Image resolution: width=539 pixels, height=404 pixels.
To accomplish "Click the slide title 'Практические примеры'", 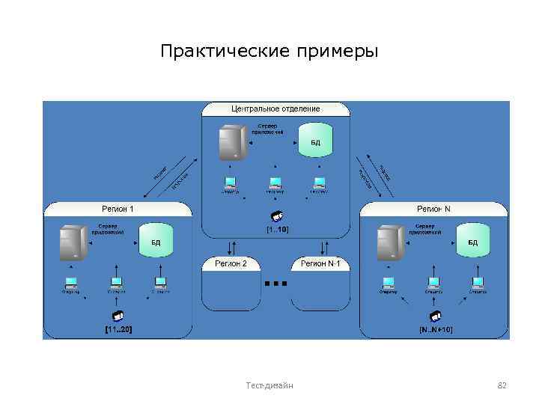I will coord(269,51).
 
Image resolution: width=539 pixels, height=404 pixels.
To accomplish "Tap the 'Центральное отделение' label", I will coord(275,109).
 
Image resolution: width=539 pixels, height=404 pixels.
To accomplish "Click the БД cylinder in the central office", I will coord(315,142).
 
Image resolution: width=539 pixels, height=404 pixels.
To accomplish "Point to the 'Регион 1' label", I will coord(118,209).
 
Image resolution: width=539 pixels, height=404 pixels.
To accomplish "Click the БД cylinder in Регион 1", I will coord(156,242).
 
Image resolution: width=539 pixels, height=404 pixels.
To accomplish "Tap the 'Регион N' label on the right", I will coord(433,209).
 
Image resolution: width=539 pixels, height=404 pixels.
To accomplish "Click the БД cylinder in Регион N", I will coord(472,242).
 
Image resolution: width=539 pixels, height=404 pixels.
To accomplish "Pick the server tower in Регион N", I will coord(390,243).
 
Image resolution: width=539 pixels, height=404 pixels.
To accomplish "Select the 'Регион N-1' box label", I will coord(320,264).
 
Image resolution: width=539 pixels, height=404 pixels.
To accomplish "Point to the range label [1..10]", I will coord(277,229).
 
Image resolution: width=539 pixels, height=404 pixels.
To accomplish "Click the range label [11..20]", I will coord(118,329).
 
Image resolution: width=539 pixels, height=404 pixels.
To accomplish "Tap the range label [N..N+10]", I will coord(435,329).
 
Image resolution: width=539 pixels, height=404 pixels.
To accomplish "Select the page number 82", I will coord(502,385).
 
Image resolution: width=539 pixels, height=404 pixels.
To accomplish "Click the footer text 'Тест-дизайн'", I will coord(269,385).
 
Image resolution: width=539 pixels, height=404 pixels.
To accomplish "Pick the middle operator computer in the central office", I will coord(275,182).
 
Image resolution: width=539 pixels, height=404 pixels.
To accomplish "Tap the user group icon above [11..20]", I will coord(118,314).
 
